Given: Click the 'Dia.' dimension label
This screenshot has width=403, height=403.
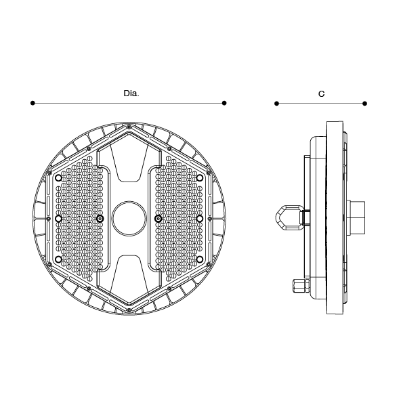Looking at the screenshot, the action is [131, 93].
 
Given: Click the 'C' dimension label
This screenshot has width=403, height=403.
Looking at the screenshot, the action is [321, 94].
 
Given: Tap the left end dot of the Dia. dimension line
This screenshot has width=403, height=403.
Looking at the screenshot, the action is [33, 103].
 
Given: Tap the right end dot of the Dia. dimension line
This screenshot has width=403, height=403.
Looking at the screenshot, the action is [224, 103].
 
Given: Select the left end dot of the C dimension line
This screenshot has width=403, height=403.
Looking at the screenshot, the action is [276, 104].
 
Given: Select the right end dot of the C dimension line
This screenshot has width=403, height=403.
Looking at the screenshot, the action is [364, 104].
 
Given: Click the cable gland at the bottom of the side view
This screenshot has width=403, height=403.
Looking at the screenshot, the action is [301, 285].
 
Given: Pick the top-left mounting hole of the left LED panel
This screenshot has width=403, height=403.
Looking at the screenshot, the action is [59, 178].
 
